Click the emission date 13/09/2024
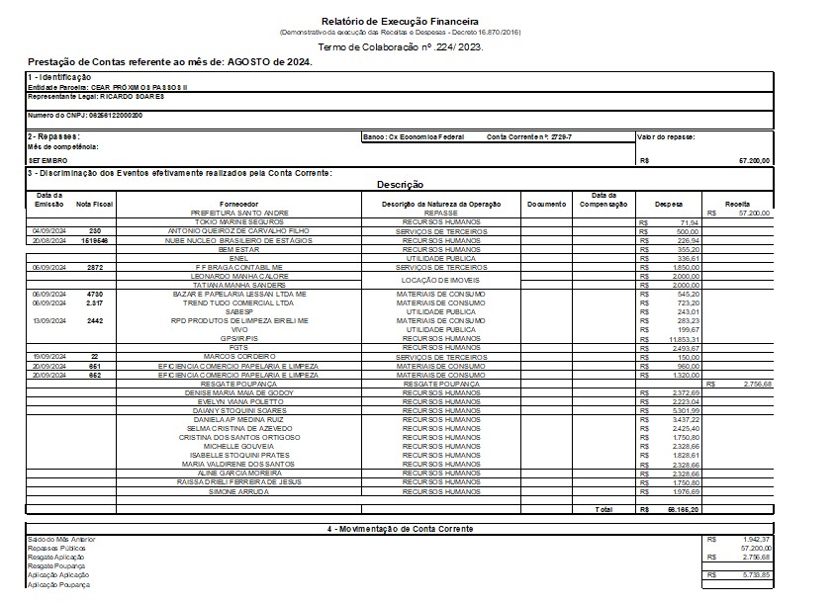click(x=49, y=320)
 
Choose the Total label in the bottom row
click(x=604, y=509)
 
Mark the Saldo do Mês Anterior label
click(x=62, y=540)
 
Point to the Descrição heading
click(x=401, y=185)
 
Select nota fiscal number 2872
click(x=94, y=267)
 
